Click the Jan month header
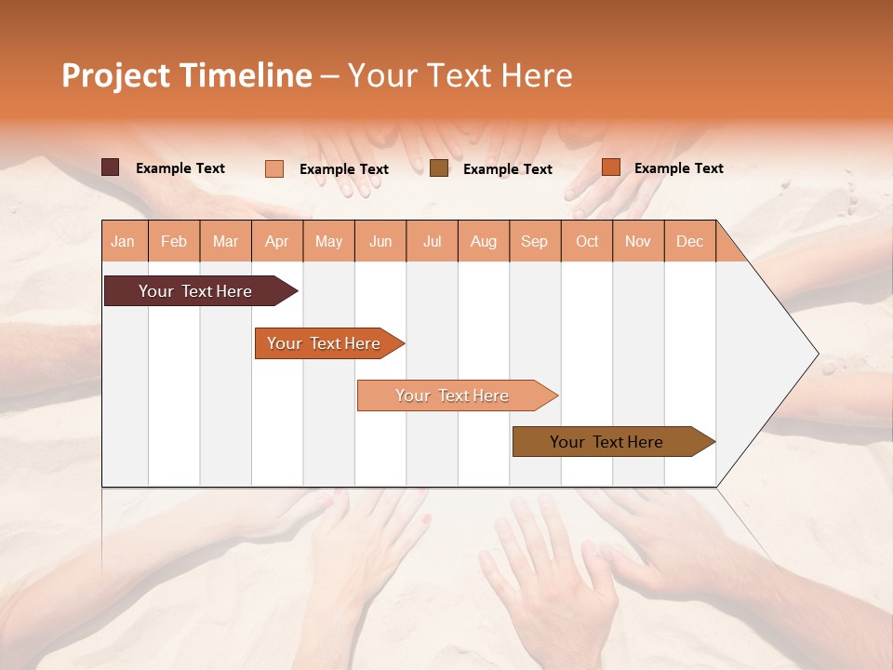pos(124,241)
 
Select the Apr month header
pos(277,241)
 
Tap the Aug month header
pos(484,241)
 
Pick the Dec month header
pos(689,241)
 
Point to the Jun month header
pos(380,241)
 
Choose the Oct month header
pos(587,241)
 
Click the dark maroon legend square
pos(110,167)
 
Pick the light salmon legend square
pos(274,168)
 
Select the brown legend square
pos(439,167)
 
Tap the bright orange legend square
pos(610,167)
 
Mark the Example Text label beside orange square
pos(678,168)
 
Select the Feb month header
pos(174,241)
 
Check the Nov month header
pos(638,241)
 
